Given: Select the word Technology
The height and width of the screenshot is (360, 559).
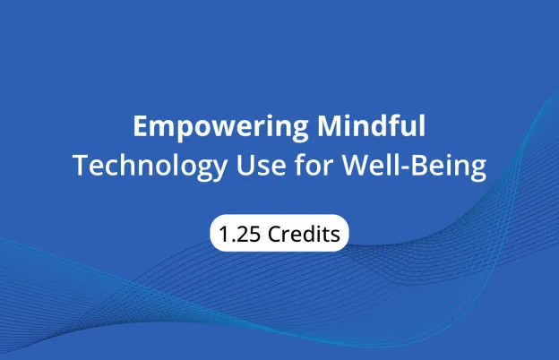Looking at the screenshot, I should click(x=137, y=167).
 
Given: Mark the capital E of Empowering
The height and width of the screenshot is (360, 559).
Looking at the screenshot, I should click(x=140, y=127).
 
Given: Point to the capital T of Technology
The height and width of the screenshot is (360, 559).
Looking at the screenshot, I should click(x=79, y=167).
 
